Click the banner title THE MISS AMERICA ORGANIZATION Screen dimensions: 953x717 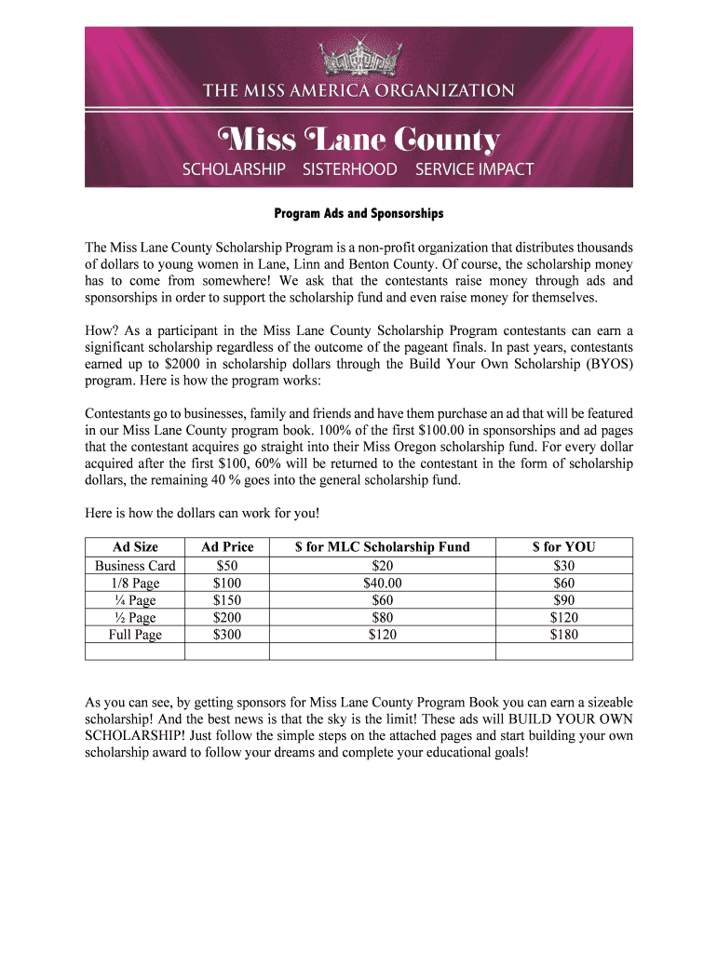tap(358, 90)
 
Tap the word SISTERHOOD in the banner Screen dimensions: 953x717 tap(349, 169)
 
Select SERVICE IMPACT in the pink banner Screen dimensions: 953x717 tap(474, 169)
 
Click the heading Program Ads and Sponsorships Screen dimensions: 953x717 tap(358, 214)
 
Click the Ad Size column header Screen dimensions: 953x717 tap(135, 547)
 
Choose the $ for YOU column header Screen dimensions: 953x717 tap(563, 547)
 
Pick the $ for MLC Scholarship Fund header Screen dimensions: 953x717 tap(382, 547)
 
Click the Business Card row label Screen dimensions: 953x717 tap(135, 566)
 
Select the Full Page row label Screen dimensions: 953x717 tap(135, 635)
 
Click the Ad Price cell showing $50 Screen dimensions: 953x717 tap(226, 566)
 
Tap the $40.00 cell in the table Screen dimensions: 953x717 tap(382, 584)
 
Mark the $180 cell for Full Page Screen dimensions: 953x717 tap(563, 635)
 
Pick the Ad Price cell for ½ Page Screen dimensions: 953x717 tap(226, 617)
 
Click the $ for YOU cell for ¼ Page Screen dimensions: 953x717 tap(563, 600)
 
